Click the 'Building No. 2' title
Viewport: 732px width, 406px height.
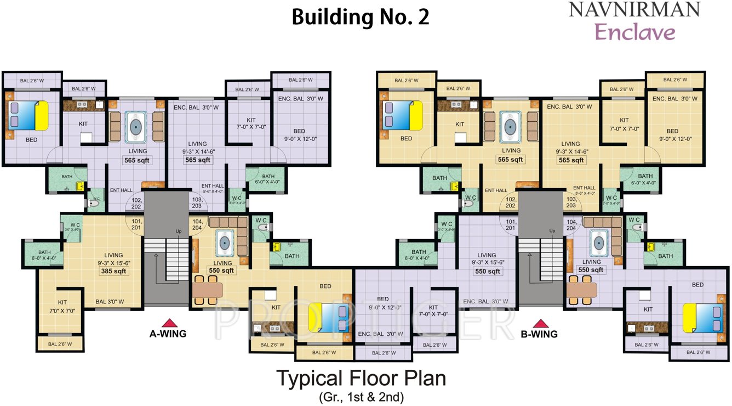[360, 17]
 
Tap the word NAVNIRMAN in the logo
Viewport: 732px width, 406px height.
[634, 9]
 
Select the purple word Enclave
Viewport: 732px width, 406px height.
[635, 32]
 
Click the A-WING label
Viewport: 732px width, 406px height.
[168, 333]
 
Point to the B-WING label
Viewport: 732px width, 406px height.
[539, 334]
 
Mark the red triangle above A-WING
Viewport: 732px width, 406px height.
[170, 323]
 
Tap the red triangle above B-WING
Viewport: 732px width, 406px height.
[541, 323]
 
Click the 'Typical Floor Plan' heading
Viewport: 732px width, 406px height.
[361, 379]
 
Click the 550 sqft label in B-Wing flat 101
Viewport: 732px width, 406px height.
[487, 271]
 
